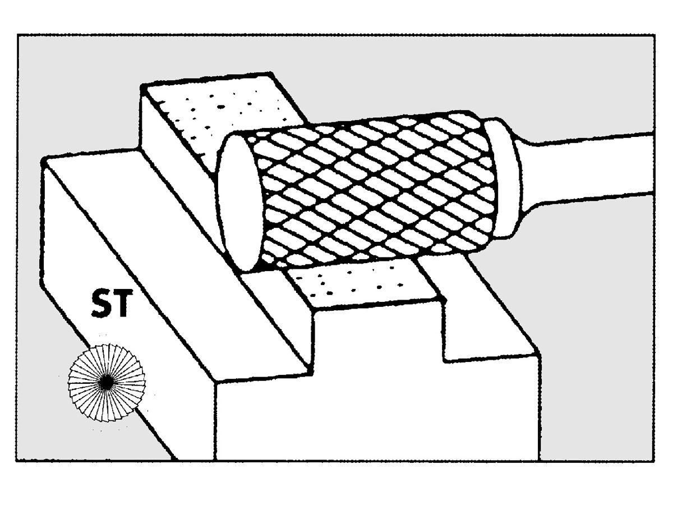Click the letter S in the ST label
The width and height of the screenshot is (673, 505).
click(103, 305)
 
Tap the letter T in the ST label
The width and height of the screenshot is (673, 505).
click(123, 305)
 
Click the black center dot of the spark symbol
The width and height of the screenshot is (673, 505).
click(105, 382)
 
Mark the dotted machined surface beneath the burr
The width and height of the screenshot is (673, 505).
click(359, 283)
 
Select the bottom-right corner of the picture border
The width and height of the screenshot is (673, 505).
click(654, 461)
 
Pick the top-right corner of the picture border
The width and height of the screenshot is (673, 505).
click(654, 35)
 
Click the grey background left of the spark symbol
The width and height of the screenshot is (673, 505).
click(39, 387)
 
